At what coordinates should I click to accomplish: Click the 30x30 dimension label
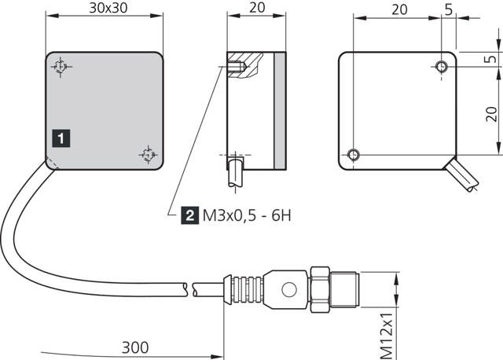tap(105, 9)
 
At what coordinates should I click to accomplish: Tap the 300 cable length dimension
tap(138, 346)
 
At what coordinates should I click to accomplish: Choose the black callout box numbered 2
tap(189, 215)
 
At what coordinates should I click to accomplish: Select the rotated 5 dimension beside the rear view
tap(490, 60)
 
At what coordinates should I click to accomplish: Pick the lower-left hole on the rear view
tap(354, 153)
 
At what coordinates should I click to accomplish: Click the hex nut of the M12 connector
tap(321, 289)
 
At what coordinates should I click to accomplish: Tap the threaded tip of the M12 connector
tap(348, 289)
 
